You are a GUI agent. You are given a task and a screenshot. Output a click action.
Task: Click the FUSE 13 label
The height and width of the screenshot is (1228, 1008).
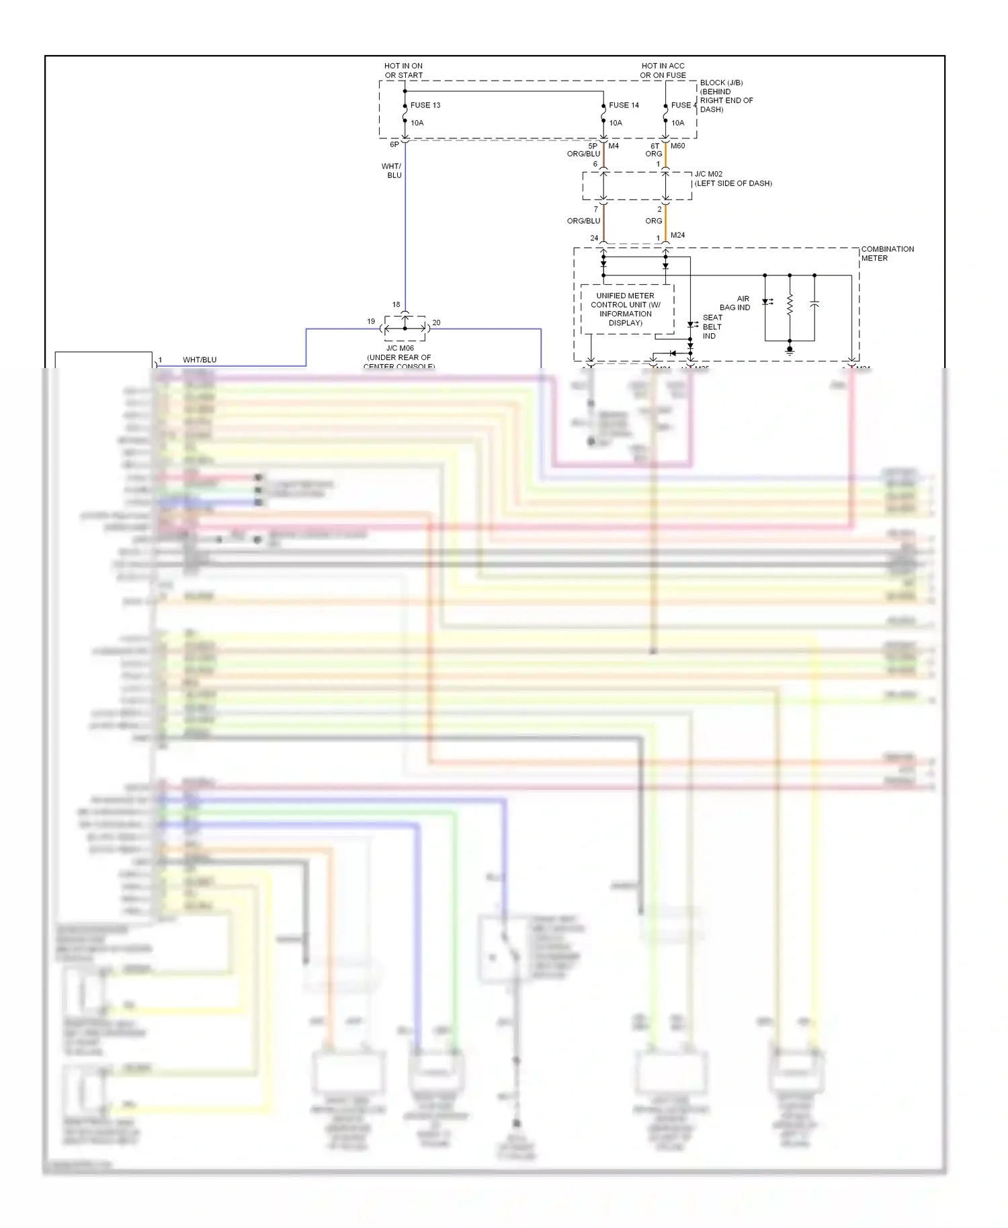425,105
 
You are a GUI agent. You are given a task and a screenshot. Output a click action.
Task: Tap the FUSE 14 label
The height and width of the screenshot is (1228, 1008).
624,105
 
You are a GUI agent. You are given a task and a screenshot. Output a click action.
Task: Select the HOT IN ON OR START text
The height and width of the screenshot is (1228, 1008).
403,71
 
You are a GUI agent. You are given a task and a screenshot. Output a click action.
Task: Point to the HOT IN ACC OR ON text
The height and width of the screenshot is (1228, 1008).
663,71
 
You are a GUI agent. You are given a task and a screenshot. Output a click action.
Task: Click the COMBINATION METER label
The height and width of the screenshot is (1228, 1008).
887,253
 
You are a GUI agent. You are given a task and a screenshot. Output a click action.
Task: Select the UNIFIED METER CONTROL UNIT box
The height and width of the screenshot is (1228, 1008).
626,309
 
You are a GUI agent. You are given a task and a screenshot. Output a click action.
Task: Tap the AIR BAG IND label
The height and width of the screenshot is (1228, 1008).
735,303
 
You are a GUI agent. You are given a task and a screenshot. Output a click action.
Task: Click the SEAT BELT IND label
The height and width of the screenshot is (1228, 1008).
712,326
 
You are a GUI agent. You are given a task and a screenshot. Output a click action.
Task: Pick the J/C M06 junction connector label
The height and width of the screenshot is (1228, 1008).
400,349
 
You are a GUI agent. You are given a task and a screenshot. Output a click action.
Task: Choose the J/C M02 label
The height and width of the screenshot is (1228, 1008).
708,174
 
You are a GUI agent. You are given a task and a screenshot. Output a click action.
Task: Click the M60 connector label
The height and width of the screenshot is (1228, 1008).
677,146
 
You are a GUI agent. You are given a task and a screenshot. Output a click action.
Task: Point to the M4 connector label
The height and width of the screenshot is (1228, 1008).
614,146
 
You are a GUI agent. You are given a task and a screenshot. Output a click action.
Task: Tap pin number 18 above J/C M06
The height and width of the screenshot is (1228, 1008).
396,304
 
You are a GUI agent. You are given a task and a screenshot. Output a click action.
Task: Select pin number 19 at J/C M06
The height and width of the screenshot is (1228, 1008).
371,321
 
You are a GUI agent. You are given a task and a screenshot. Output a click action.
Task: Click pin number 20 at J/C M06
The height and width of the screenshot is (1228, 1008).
436,322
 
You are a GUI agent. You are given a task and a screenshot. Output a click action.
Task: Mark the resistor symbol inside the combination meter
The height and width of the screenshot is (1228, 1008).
790,306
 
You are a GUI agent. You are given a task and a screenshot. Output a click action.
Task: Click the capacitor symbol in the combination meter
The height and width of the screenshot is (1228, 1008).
814,305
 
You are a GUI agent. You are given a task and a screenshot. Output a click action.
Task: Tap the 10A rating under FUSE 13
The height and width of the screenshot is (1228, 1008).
417,123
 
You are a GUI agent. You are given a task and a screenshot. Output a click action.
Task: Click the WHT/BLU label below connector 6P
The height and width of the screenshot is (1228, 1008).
392,171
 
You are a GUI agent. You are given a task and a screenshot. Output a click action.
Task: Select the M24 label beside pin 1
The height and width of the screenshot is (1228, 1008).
677,235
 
